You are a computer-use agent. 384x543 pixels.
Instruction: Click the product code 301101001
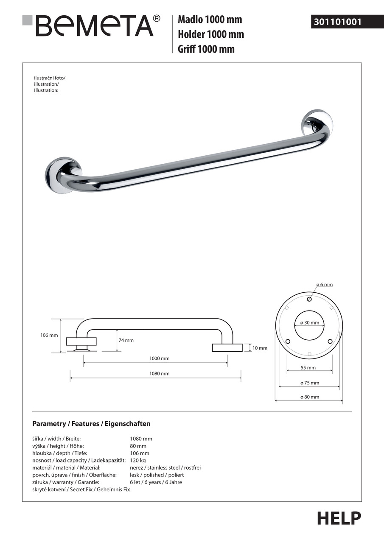click(x=338, y=22)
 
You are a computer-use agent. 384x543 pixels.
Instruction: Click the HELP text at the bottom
click(x=339, y=518)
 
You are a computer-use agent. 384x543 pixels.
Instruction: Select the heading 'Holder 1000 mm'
click(x=211, y=34)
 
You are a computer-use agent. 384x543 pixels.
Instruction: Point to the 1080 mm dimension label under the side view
click(x=159, y=373)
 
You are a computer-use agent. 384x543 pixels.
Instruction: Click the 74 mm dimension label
click(x=126, y=340)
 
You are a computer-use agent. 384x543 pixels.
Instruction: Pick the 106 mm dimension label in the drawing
click(x=49, y=335)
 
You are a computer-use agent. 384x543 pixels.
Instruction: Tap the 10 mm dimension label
click(x=260, y=348)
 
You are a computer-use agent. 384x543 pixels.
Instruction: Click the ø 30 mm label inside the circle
click(x=309, y=322)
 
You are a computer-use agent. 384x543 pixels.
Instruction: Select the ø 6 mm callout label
click(x=324, y=285)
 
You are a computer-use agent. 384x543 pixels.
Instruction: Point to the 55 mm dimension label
click(x=308, y=368)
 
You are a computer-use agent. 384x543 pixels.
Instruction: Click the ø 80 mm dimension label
click(x=309, y=397)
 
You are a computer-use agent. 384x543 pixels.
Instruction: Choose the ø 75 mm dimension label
click(x=309, y=383)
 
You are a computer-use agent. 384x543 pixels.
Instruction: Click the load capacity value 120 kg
click(x=137, y=460)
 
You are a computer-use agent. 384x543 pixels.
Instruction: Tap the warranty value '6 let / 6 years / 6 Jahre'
click(x=156, y=482)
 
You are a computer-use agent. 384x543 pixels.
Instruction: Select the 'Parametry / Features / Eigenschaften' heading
click(x=91, y=424)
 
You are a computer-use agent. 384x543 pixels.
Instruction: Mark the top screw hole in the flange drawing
click(x=309, y=299)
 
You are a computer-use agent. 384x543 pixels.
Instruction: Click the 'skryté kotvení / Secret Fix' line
click(x=81, y=489)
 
